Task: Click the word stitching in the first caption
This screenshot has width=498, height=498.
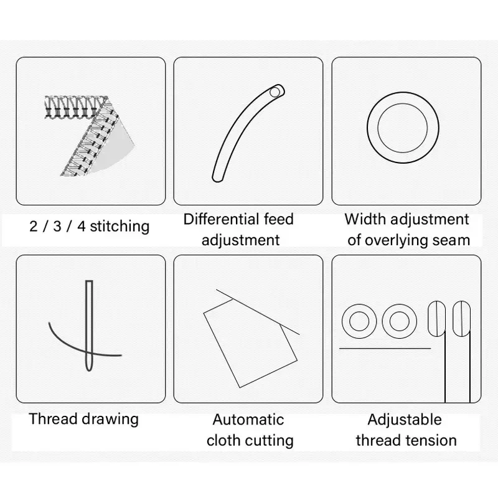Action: [120, 227]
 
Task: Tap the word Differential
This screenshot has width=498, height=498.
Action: [217, 220]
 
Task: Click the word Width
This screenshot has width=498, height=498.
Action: [365, 220]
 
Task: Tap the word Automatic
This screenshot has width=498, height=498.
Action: [248, 420]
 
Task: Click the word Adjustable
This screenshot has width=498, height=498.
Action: [405, 420]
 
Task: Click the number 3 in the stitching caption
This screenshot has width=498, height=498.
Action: [57, 227]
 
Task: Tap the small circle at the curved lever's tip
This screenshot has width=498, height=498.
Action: [275, 92]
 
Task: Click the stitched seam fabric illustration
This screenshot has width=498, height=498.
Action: [90, 136]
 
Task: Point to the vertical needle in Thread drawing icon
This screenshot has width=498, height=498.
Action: [89, 326]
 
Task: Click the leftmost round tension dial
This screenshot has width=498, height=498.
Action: [359, 321]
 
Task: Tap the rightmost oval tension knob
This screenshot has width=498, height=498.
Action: [461, 319]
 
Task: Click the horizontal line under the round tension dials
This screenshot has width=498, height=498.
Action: [385, 349]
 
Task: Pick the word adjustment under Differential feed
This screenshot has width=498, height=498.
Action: [241, 241]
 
